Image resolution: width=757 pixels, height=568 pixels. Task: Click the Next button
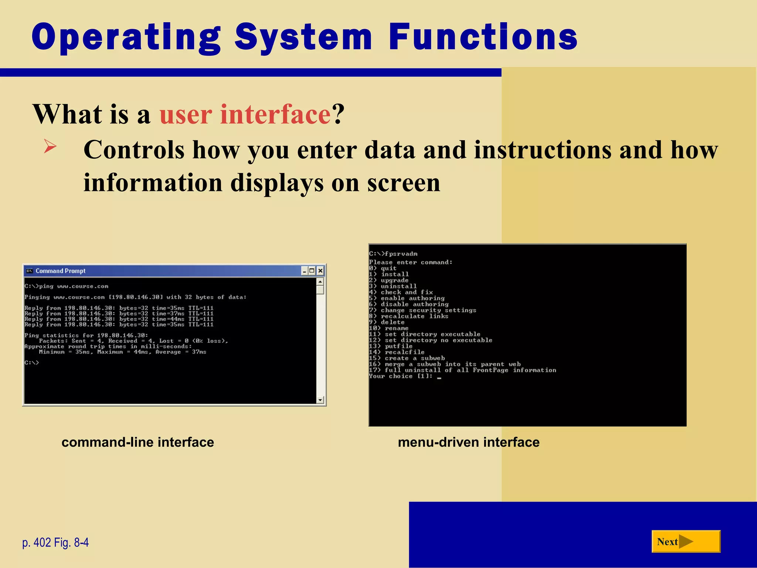tap(685, 541)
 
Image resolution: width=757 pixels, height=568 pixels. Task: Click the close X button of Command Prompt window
tap(320, 271)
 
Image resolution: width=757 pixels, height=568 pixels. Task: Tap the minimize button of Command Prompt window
tap(304, 271)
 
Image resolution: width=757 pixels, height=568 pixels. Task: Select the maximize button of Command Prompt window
tap(312, 271)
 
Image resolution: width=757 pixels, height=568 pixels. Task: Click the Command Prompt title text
tap(60, 271)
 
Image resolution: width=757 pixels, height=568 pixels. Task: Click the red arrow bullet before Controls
tap(50, 146)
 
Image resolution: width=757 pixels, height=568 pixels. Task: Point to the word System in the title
tap(303, 37)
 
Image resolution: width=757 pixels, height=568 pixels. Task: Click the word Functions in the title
tap(483, 37)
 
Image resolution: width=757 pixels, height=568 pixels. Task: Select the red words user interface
tap(245, 114)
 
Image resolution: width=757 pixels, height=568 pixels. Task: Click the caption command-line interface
tap(138, 442)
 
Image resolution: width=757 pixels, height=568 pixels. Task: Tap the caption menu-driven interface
tap(468, 442)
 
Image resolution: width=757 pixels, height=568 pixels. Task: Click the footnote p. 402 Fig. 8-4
tap(55, 542)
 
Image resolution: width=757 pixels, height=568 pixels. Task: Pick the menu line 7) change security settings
tap(422, 310)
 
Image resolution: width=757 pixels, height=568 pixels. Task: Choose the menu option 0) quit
tap(383, 268)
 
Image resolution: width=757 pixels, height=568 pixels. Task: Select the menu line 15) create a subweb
tap(407, 358)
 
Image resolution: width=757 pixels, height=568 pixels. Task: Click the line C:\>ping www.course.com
tap(67, 286)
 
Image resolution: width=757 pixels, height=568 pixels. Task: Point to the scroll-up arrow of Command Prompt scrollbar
tap(320, 282)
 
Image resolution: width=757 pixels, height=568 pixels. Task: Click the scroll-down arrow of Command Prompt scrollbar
tap(320, 400)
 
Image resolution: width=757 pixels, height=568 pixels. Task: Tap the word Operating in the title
tap(126, 37)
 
